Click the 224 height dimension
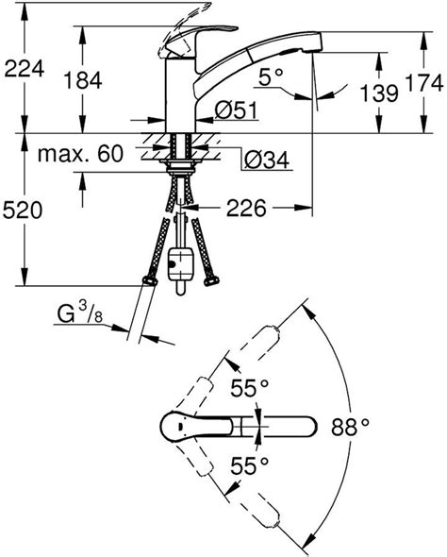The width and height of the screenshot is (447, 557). (x=25, y=69)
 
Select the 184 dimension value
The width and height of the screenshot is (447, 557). (x=83, y=80)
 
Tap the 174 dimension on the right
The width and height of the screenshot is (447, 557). (x=424, y=83)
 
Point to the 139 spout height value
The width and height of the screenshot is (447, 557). (x=379, y=93)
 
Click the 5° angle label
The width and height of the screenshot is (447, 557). (x=271, y=77)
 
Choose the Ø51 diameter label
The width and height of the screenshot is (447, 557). (x=236, y=110)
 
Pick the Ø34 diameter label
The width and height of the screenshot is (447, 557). (x=267, y=160)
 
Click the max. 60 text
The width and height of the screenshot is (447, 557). (x=80, y=154)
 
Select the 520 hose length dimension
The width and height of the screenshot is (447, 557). (x=23, y=210)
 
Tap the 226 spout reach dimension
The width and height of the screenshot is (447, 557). (x=246, y=208)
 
